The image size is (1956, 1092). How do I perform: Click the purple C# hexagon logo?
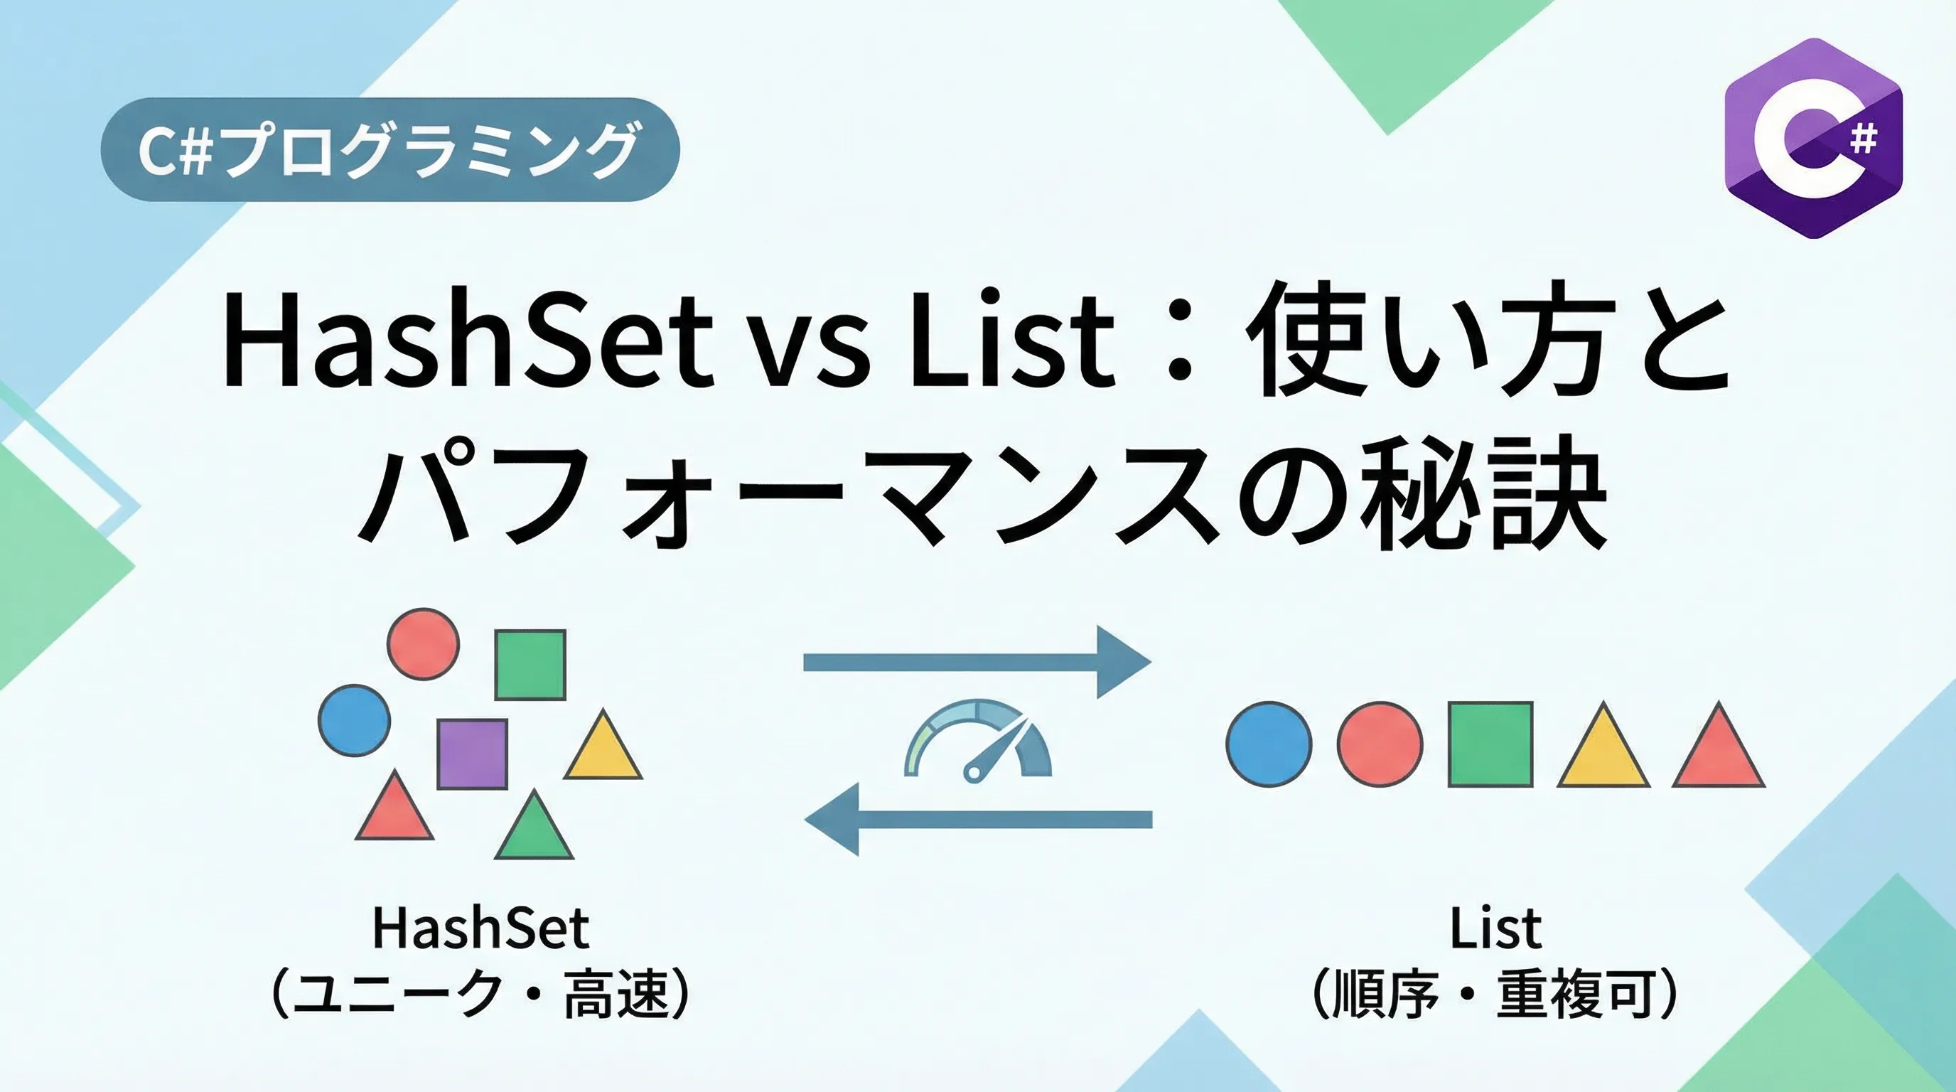point(1813,138)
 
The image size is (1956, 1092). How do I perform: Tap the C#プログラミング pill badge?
point(390,149)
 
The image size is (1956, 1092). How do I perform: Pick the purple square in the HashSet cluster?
point(472,754)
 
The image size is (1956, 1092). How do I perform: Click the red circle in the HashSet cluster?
point(424,643)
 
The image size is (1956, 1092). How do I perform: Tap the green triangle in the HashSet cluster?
point(534,824)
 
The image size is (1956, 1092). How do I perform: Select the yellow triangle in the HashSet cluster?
point(603,744)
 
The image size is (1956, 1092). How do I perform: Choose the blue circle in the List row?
point(1269,744)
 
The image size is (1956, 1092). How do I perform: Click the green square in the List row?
point(1490,744)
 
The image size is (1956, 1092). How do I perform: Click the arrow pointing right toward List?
point(977,662)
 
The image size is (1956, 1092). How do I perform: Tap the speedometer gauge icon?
point(978,740)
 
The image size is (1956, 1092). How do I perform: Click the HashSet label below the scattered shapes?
point(480,928)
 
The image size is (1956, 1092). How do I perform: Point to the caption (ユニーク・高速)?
point(480,993)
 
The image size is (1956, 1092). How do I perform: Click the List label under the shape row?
point(1495,928)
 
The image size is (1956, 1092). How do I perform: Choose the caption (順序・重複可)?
point(1495,993)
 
